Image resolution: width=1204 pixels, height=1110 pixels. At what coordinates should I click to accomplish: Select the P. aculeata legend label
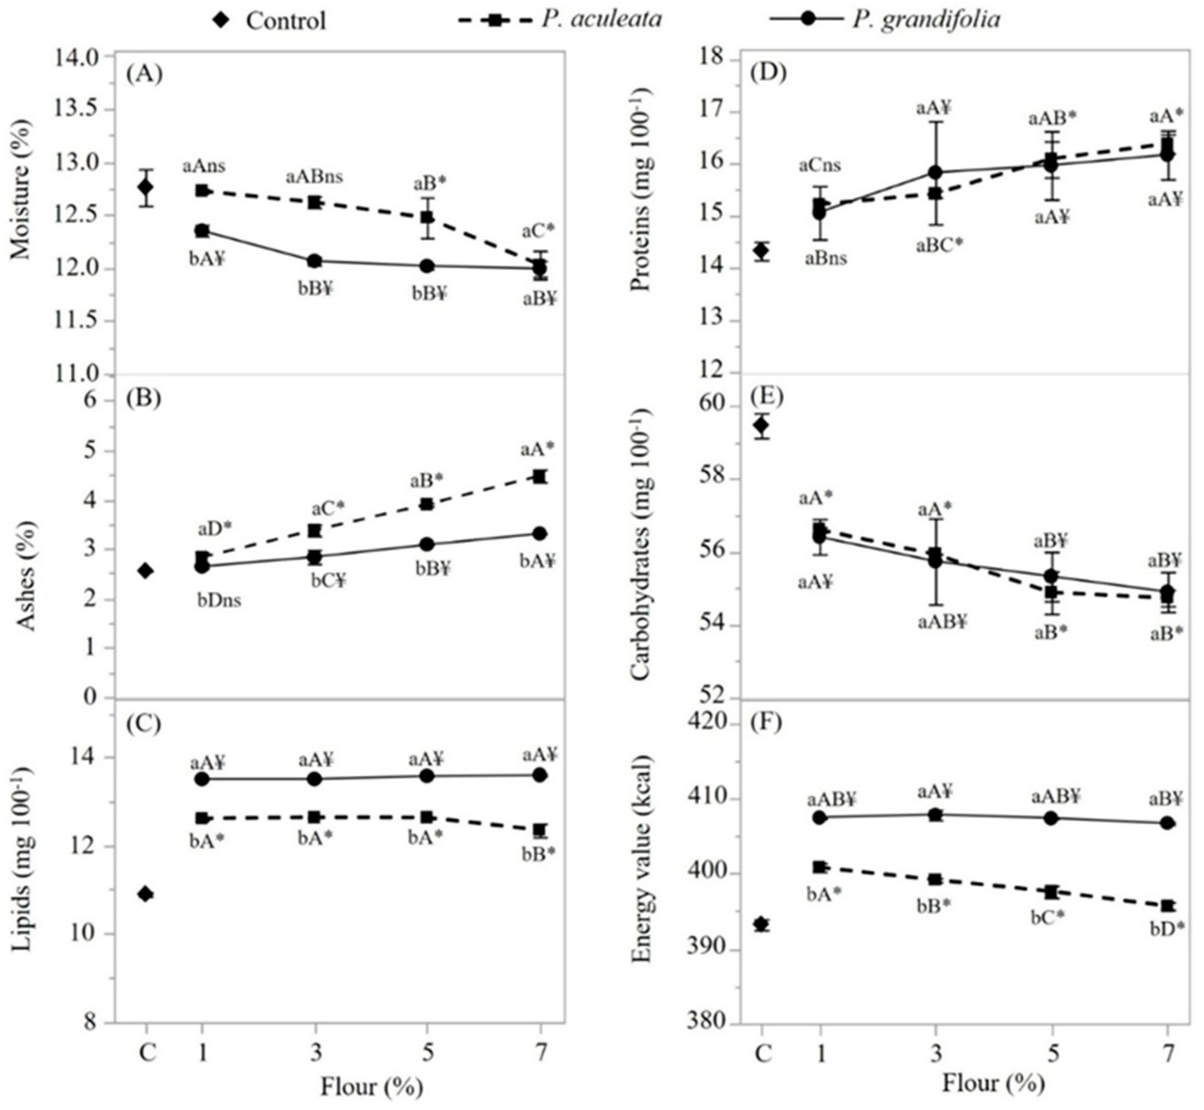pyautogui.click(x=601, y=19)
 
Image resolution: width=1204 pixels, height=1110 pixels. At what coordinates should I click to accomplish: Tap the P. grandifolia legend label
pyautogui.click(x=925, y=19)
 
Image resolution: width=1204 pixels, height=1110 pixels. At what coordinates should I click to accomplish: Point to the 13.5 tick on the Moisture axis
pyautogui.click(x=84, y=110)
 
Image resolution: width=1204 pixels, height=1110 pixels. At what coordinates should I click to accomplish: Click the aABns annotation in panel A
pyautogui.click(x=314, y=177)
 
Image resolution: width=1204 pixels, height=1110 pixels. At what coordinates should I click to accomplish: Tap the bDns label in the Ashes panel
pyautogui.click(x=219, y=600)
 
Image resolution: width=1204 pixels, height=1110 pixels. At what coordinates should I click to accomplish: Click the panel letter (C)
pyautogui.click(x=144, y=724)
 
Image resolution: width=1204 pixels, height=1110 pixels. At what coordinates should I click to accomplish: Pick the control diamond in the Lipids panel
pyautogui.click(x=145, y=894)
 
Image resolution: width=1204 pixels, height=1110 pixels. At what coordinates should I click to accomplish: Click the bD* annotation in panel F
pyautogui.click(x=1167, y=929)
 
